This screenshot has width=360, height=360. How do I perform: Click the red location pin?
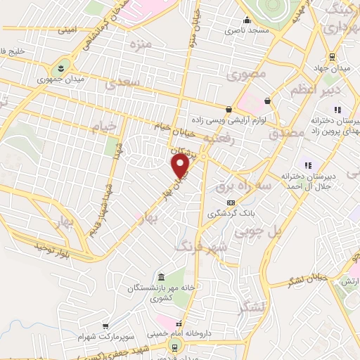coord(181,166)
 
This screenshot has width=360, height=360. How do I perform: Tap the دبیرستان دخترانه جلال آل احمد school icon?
coord(307,164)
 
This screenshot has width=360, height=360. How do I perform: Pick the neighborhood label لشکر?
coord(253,305)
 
